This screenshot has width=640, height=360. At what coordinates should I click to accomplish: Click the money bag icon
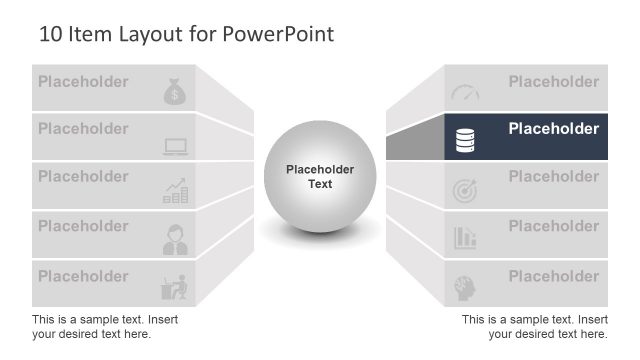coord(175,92)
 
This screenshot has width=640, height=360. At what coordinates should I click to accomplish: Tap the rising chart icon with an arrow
coord(176,192)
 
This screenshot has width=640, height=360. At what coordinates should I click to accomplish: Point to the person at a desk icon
coord(175,286)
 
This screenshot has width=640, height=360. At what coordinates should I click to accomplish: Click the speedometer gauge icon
coord(465,92)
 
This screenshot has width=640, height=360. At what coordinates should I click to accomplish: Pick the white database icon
coord(465,142)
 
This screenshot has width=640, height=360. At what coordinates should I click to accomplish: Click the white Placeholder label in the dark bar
coord(553,129)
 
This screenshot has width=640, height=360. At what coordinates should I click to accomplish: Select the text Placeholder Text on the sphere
coord(320,177)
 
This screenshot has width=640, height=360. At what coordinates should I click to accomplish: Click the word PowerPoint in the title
coord(276,35)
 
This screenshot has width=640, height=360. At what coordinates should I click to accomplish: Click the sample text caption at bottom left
coord(105,326)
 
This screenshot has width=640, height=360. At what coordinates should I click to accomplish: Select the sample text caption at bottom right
coord(535,326)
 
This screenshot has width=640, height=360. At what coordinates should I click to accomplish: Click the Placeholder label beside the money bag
coord(83,82)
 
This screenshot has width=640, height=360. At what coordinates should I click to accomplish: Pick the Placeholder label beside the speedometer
coord(553,82)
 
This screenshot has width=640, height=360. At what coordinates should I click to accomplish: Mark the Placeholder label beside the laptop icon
coord(83,129)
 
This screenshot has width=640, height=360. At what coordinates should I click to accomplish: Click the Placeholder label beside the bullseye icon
coord(553,177)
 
